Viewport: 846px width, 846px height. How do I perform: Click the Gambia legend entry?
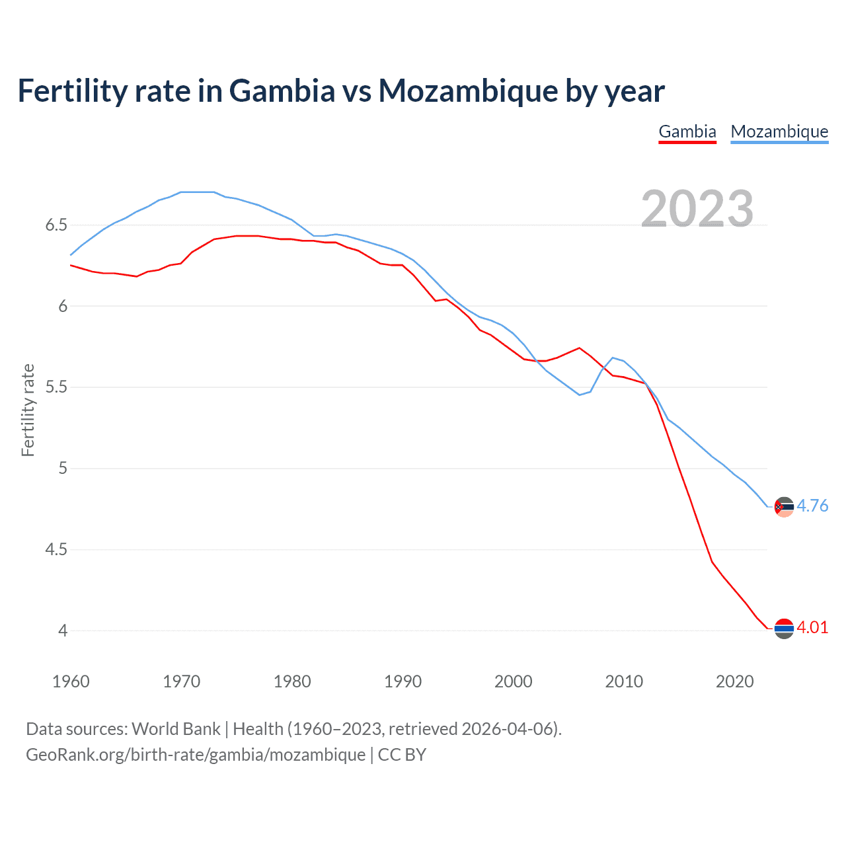[x=687, y=132]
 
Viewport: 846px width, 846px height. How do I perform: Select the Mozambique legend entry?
[x=779, y=132]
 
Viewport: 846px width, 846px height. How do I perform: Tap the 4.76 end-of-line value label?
[x=812, y=506]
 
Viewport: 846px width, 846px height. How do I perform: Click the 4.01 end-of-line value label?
[x=812, y=627]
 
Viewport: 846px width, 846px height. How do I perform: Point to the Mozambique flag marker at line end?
[x=784, y=507]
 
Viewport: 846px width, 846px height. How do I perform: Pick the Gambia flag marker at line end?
[x=784, y=629]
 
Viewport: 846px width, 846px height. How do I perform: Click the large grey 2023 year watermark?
[x=697, y=209]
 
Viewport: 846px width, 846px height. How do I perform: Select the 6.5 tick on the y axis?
[x=56, y=225]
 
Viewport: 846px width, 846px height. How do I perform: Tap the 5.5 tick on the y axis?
[x=56, y=387]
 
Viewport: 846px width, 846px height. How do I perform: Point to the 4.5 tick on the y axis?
[x=56, y=549]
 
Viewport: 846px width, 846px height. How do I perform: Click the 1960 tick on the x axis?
[x=71, y=681]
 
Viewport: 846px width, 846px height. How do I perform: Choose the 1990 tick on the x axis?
[x=403, y=681]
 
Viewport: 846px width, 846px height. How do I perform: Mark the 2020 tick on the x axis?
[x=734, y=681]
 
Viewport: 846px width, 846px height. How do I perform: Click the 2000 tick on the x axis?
[x=514, y=681]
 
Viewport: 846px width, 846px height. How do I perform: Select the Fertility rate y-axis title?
[x=28, y=410]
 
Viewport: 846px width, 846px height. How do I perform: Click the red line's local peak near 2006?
[x=579, y=348]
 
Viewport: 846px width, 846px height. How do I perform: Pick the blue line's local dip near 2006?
[x=580, y=395]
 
